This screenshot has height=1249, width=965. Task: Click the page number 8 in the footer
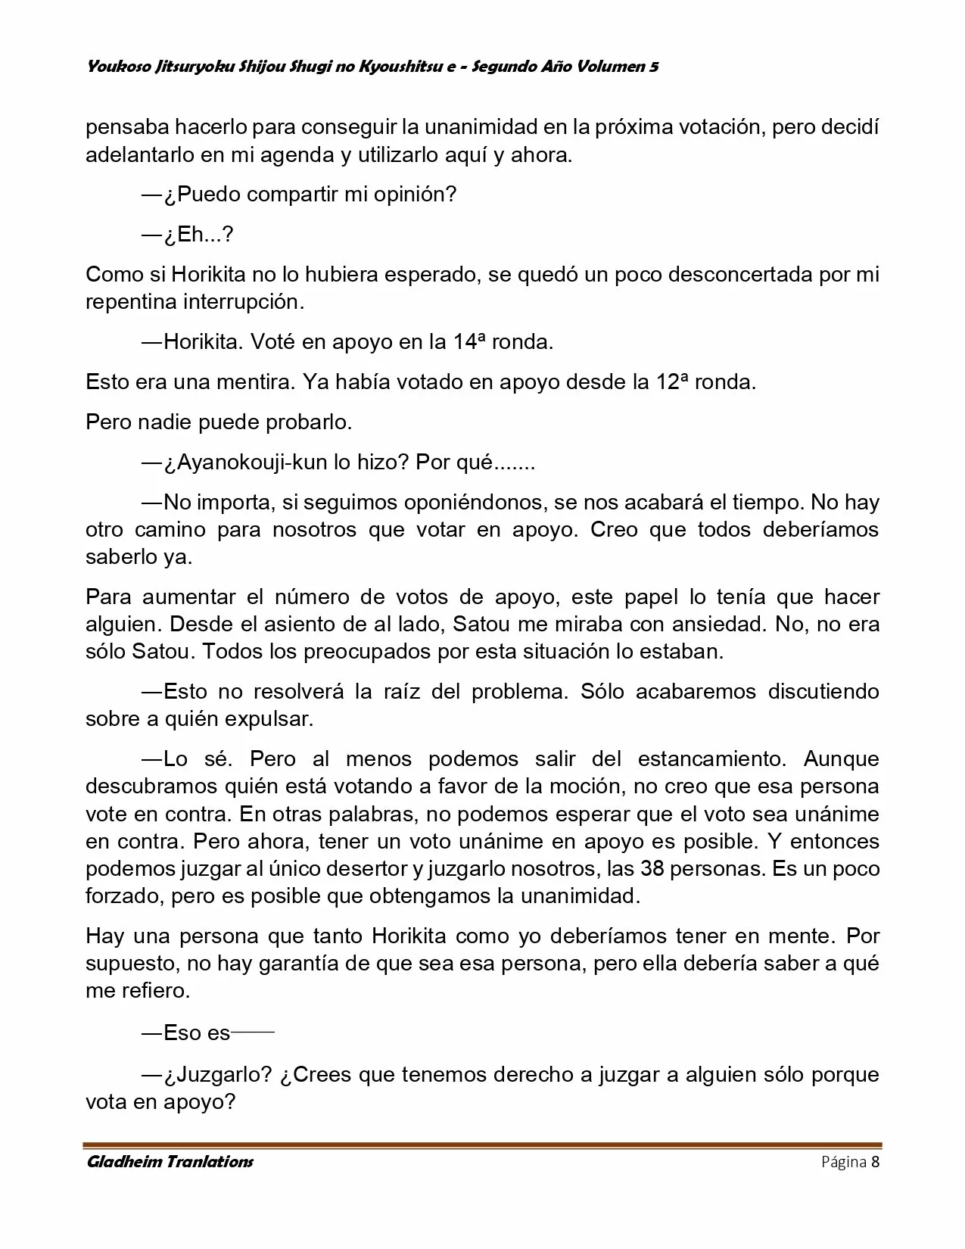pyautogui.click(x=876, y=1162)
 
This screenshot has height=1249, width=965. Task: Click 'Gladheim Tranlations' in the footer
pyautogui.click(x=170, y=1162)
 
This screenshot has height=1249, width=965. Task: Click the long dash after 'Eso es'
pyautogui.click(x=253, y=1033)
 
